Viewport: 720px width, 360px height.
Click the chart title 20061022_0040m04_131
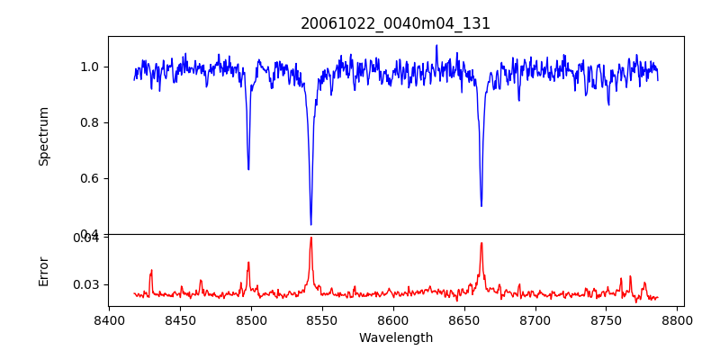(396, 23)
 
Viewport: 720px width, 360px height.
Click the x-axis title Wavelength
(396, 338)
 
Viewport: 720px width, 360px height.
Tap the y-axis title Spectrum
(44, 136)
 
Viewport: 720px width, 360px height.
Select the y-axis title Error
(44, 270)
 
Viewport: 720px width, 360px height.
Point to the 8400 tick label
(109, 320)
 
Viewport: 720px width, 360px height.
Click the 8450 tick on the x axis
(180, 320)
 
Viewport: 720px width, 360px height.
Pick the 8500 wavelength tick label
(251, 320)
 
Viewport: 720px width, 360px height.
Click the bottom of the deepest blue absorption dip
(310, 224)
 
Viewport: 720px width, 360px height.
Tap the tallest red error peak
(310, 238)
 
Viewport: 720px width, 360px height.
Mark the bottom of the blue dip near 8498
(248, 169)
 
